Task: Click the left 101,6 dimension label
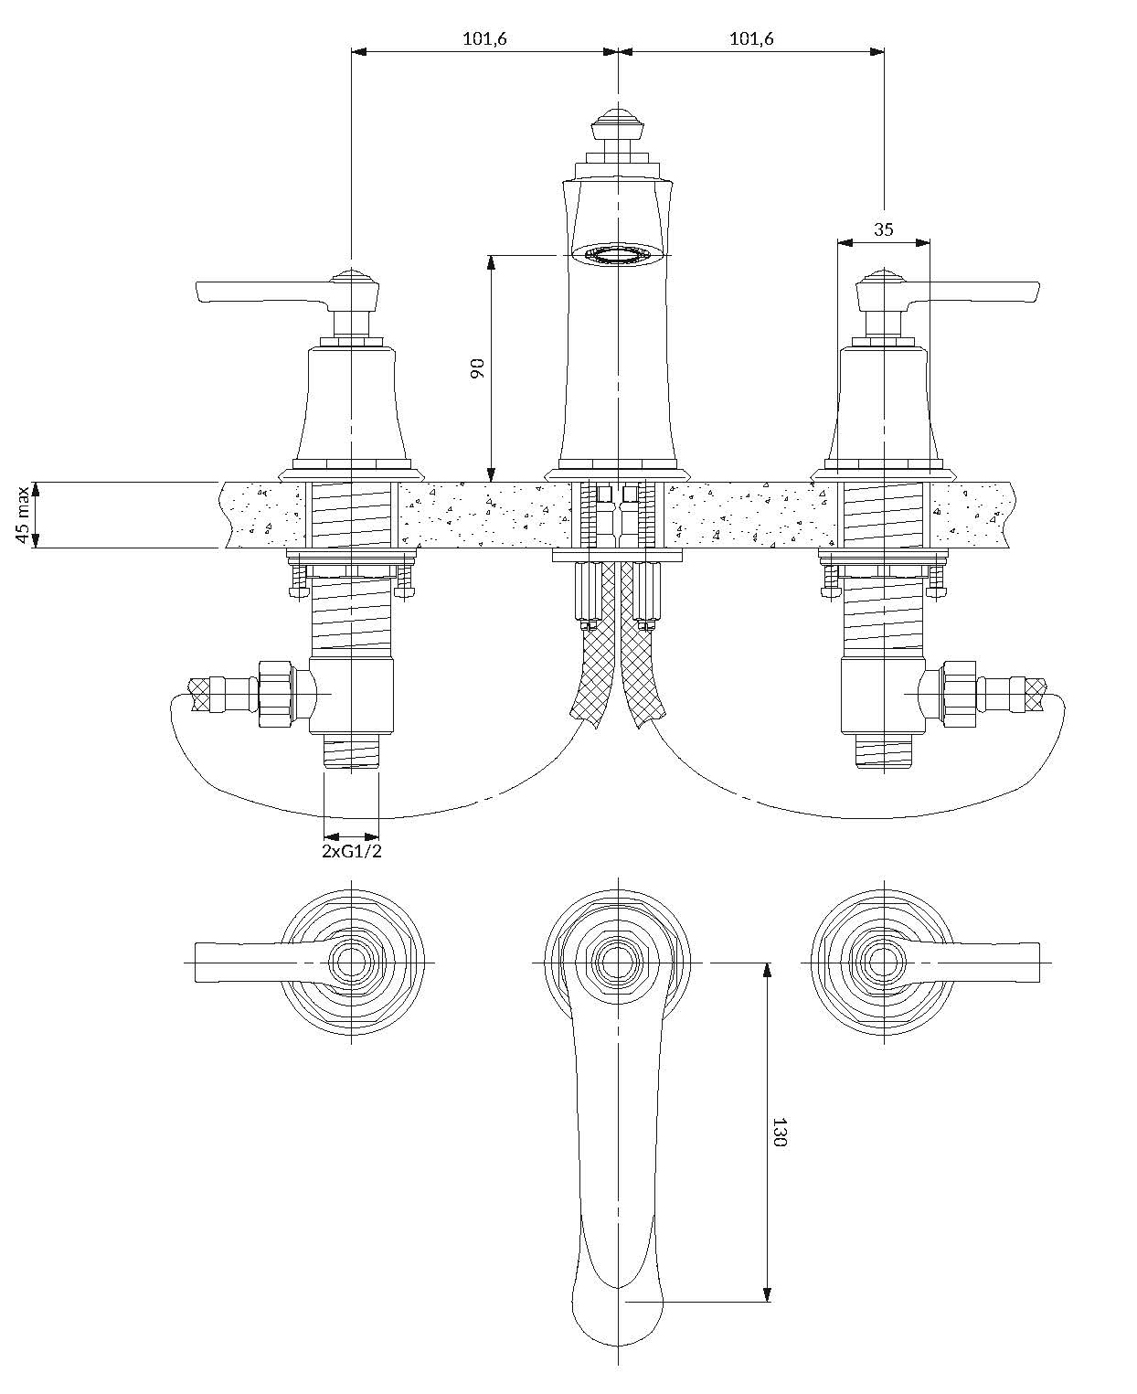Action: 483,39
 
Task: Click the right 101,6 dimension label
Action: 751,39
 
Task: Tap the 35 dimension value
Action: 883,229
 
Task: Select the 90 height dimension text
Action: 477,368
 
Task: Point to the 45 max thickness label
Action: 24,515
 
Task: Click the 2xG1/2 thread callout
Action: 352,851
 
